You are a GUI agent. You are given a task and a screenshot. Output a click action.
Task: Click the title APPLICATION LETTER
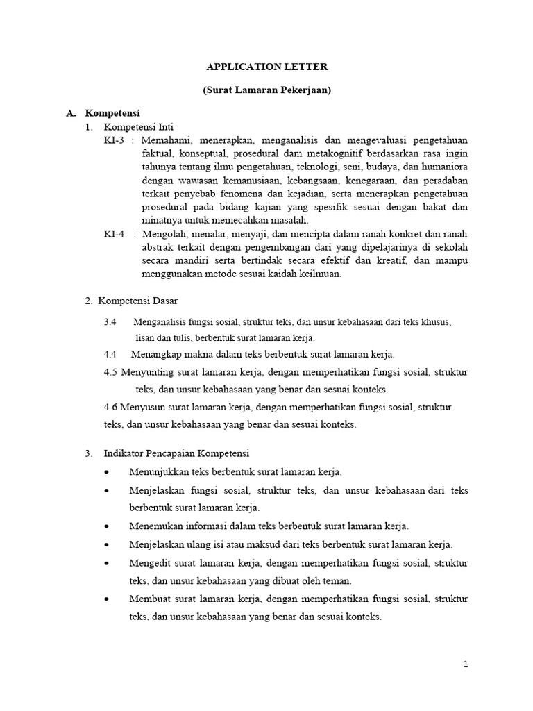(x=267, y=67)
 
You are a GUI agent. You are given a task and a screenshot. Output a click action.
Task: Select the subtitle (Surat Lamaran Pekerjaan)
(x=267, y=91)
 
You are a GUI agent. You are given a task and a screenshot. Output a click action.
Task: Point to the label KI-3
(x=115, y=141)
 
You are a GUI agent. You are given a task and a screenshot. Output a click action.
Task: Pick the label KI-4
(x=115, y=234)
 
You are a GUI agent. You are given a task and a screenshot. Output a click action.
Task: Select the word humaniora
(x=444, y=167)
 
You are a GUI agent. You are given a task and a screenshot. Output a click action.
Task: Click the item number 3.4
(x=110, y=323)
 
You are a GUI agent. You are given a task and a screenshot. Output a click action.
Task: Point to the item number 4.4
(x=110, y=354)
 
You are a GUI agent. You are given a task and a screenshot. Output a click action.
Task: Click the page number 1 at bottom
(x=466, y=664)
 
